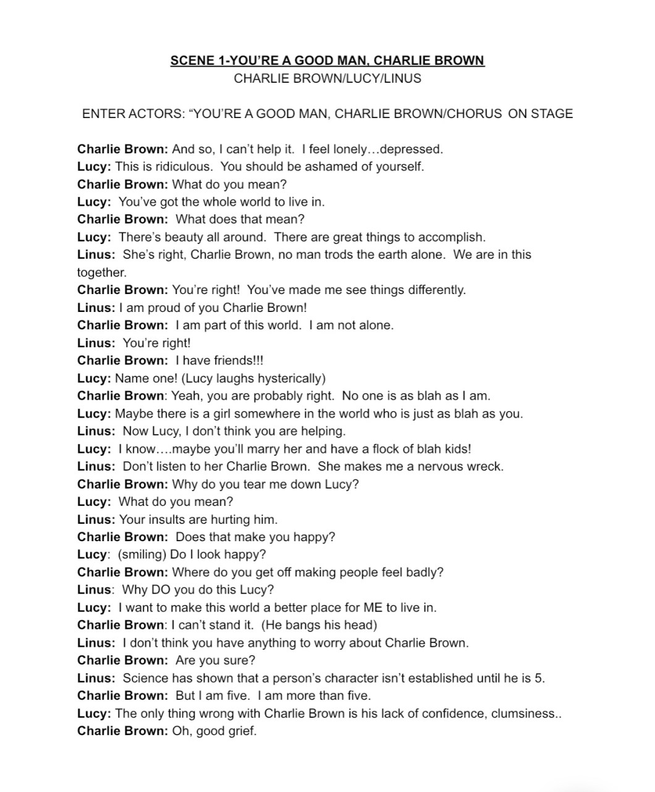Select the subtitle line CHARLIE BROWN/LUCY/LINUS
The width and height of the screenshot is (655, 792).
click(327, 78)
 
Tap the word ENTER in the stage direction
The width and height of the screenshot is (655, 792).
click(102, 114)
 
